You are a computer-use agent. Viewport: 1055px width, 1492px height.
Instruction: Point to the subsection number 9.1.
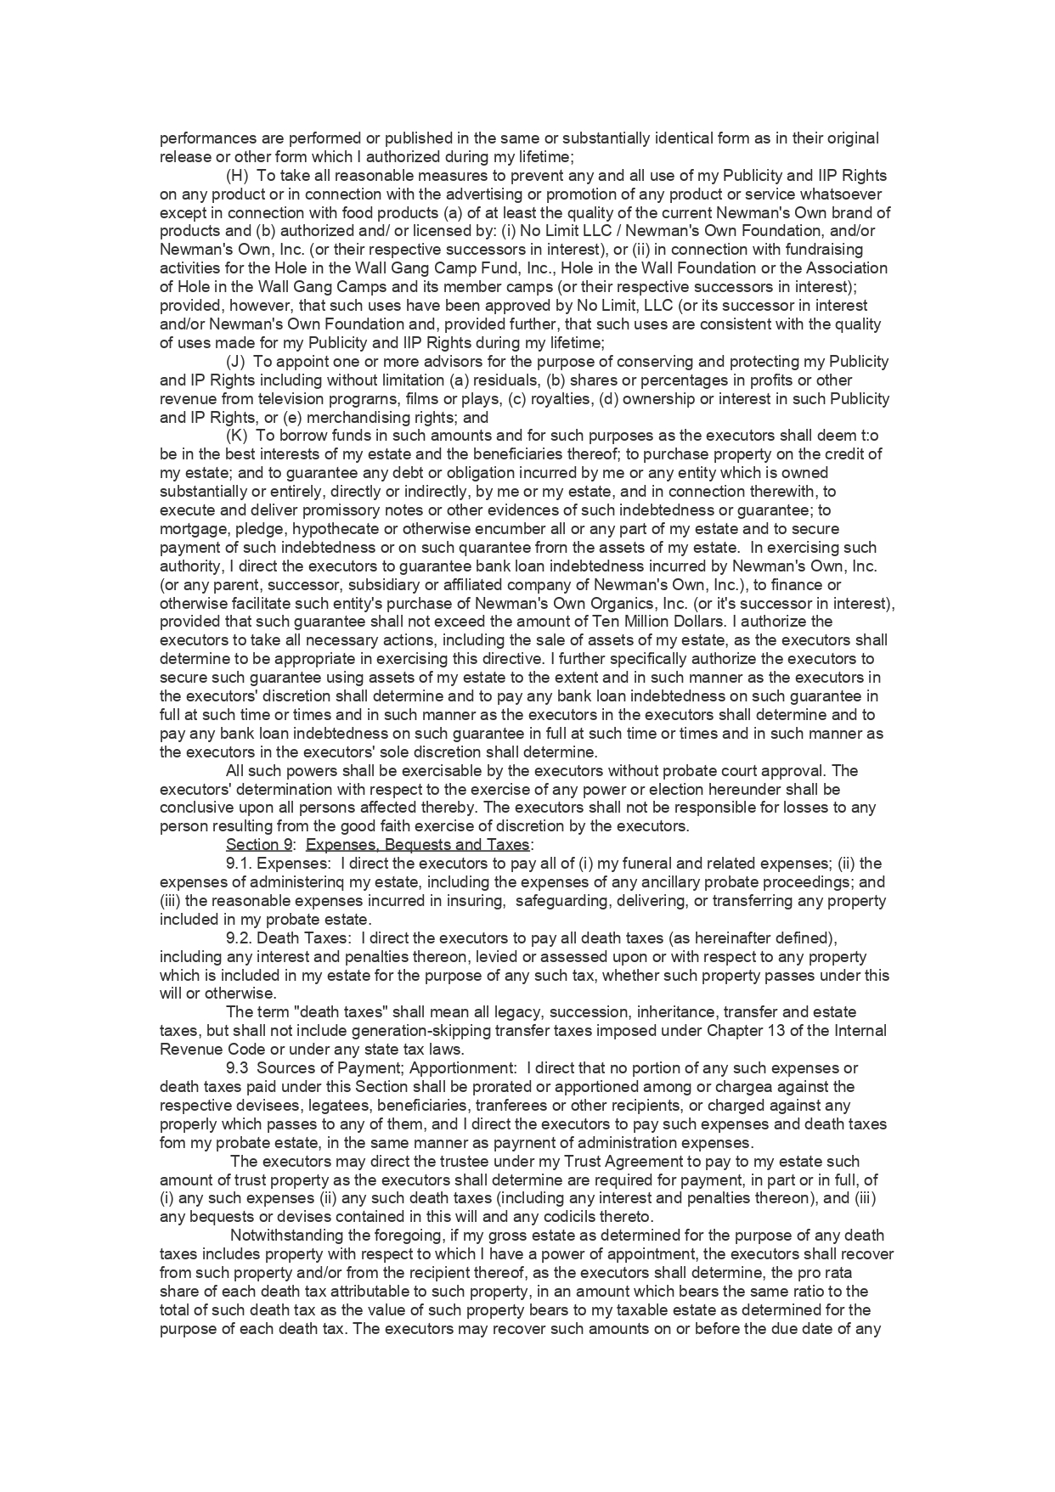click(239, 864)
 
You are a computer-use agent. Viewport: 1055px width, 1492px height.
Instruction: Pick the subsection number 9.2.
click(239, 937)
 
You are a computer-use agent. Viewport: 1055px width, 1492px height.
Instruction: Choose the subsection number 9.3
click(237, 1068)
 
